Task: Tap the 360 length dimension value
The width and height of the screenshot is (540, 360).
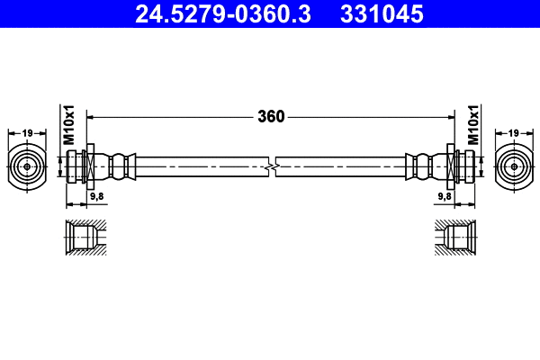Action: [271, 116]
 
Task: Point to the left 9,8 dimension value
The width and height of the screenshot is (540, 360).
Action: [95, 195]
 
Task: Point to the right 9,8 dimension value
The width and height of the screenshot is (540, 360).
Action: [444, 195]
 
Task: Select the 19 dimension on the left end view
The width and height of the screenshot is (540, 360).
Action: [27, 133]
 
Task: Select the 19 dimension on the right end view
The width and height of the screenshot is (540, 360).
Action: [513, 133]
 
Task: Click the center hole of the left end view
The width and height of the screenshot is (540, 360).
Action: [27, 166]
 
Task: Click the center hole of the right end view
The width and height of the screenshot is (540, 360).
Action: [513, 166]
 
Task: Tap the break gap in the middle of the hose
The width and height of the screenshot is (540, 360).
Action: [271, 166]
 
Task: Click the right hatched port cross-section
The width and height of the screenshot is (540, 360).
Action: [454, 237]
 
